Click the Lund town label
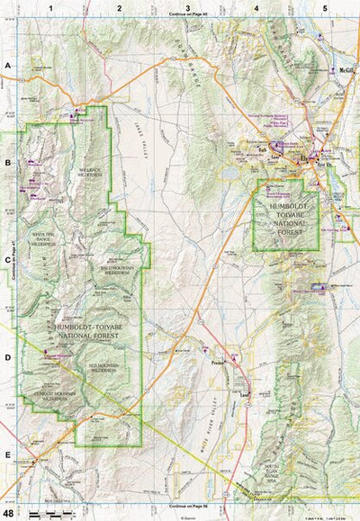coord(242,393)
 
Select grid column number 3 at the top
coord(187,7)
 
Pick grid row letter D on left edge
coord(7,357)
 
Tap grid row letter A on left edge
coord(7,66)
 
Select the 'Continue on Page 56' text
coord(187,506)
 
